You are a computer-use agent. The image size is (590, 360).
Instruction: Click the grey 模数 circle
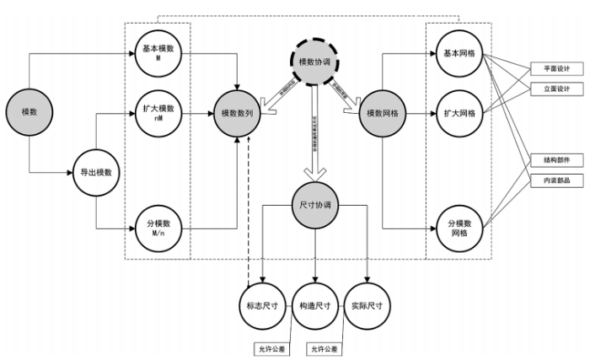pyautogui.click(x=29, y=112)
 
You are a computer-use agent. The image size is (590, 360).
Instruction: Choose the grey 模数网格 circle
pyautogui.click(x=383, y=112)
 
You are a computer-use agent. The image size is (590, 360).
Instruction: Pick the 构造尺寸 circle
pyautogui.click(x=314, y=304)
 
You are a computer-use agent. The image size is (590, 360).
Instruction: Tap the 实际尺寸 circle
pyautogui.click(x=367, y=304)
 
